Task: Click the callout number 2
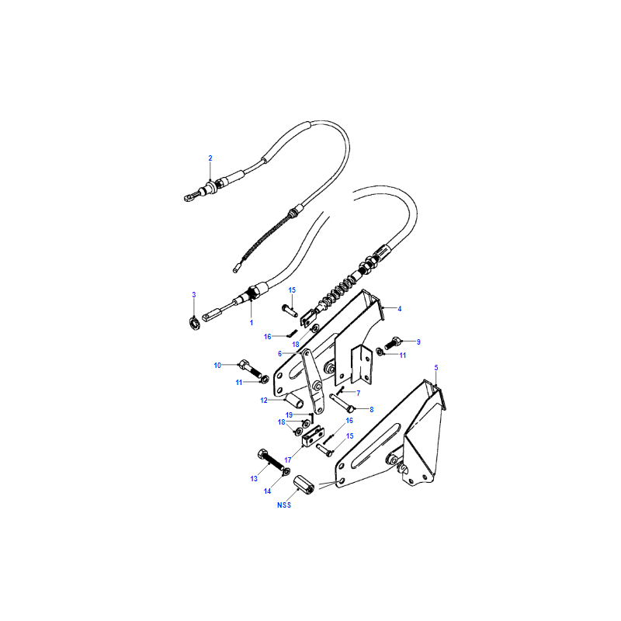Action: (210, 158)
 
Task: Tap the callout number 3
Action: (193, 295)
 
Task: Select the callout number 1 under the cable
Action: (251, 323)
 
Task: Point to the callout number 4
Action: (400, 308)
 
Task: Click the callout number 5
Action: (436, 367)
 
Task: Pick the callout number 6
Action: (279, 354)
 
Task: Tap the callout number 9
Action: (418, 342)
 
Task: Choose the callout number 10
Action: (217, 365)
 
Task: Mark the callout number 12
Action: (264, 401)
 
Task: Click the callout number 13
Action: (254, 479)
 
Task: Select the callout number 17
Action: (287, 460)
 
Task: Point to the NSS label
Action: (284, 505)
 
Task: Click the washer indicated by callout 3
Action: (195, 323)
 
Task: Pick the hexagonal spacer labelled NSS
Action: (304, 484)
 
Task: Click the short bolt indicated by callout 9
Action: (394, 343)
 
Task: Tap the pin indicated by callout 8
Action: (342, 403)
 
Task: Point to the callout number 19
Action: (289, 415)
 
